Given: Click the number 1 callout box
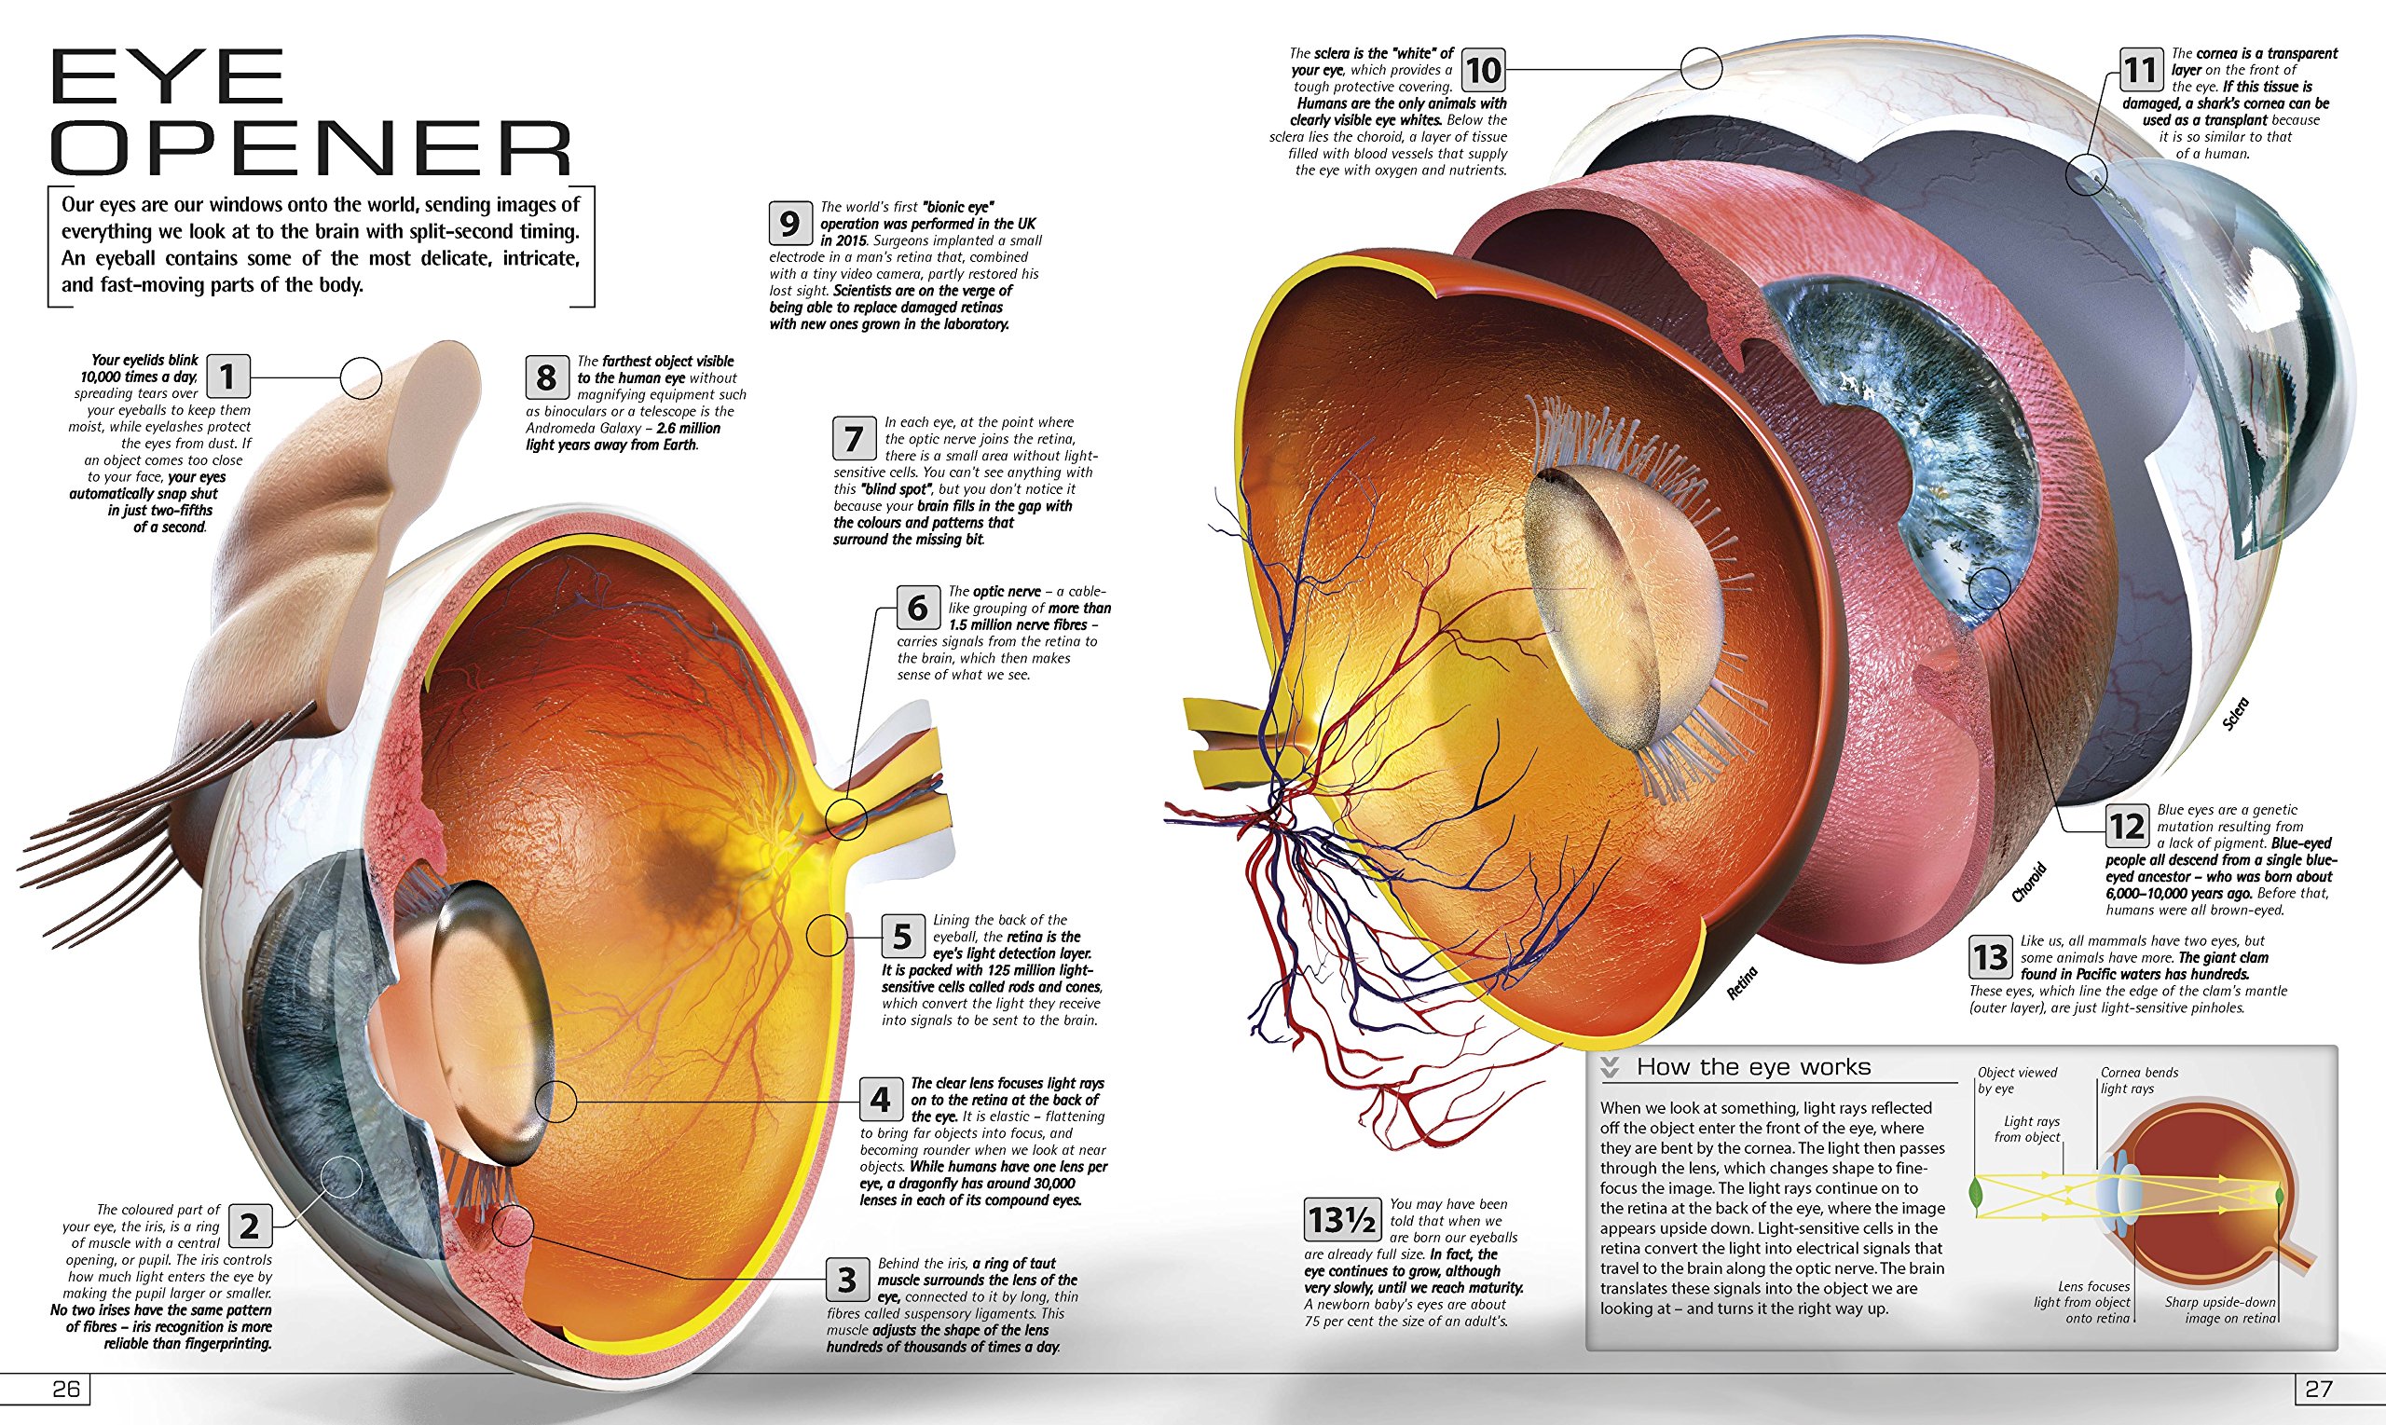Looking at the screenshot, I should point(227,376).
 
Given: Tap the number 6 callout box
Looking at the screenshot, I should point(917,607).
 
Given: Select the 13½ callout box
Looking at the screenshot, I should point(1342,1221).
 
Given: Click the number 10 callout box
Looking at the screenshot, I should point(1483,70).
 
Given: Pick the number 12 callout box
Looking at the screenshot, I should point(2127,827).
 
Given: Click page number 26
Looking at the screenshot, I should point(65,1390).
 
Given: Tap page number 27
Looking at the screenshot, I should point(2319,1390).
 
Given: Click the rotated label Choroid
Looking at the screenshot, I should point(2030,883).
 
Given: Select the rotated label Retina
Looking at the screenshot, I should point(1742,983).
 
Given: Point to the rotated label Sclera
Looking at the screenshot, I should point(2235,715).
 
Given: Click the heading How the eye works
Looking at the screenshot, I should point(1753,1067).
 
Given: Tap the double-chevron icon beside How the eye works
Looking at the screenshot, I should point(1611,1068).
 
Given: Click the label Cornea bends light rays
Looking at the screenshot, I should point(2138,1080).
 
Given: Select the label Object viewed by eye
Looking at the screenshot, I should point(2016,1080).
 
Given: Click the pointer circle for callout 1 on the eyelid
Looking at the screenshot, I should point(361,377).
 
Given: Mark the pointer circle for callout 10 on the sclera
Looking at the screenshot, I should point(1700,69).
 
